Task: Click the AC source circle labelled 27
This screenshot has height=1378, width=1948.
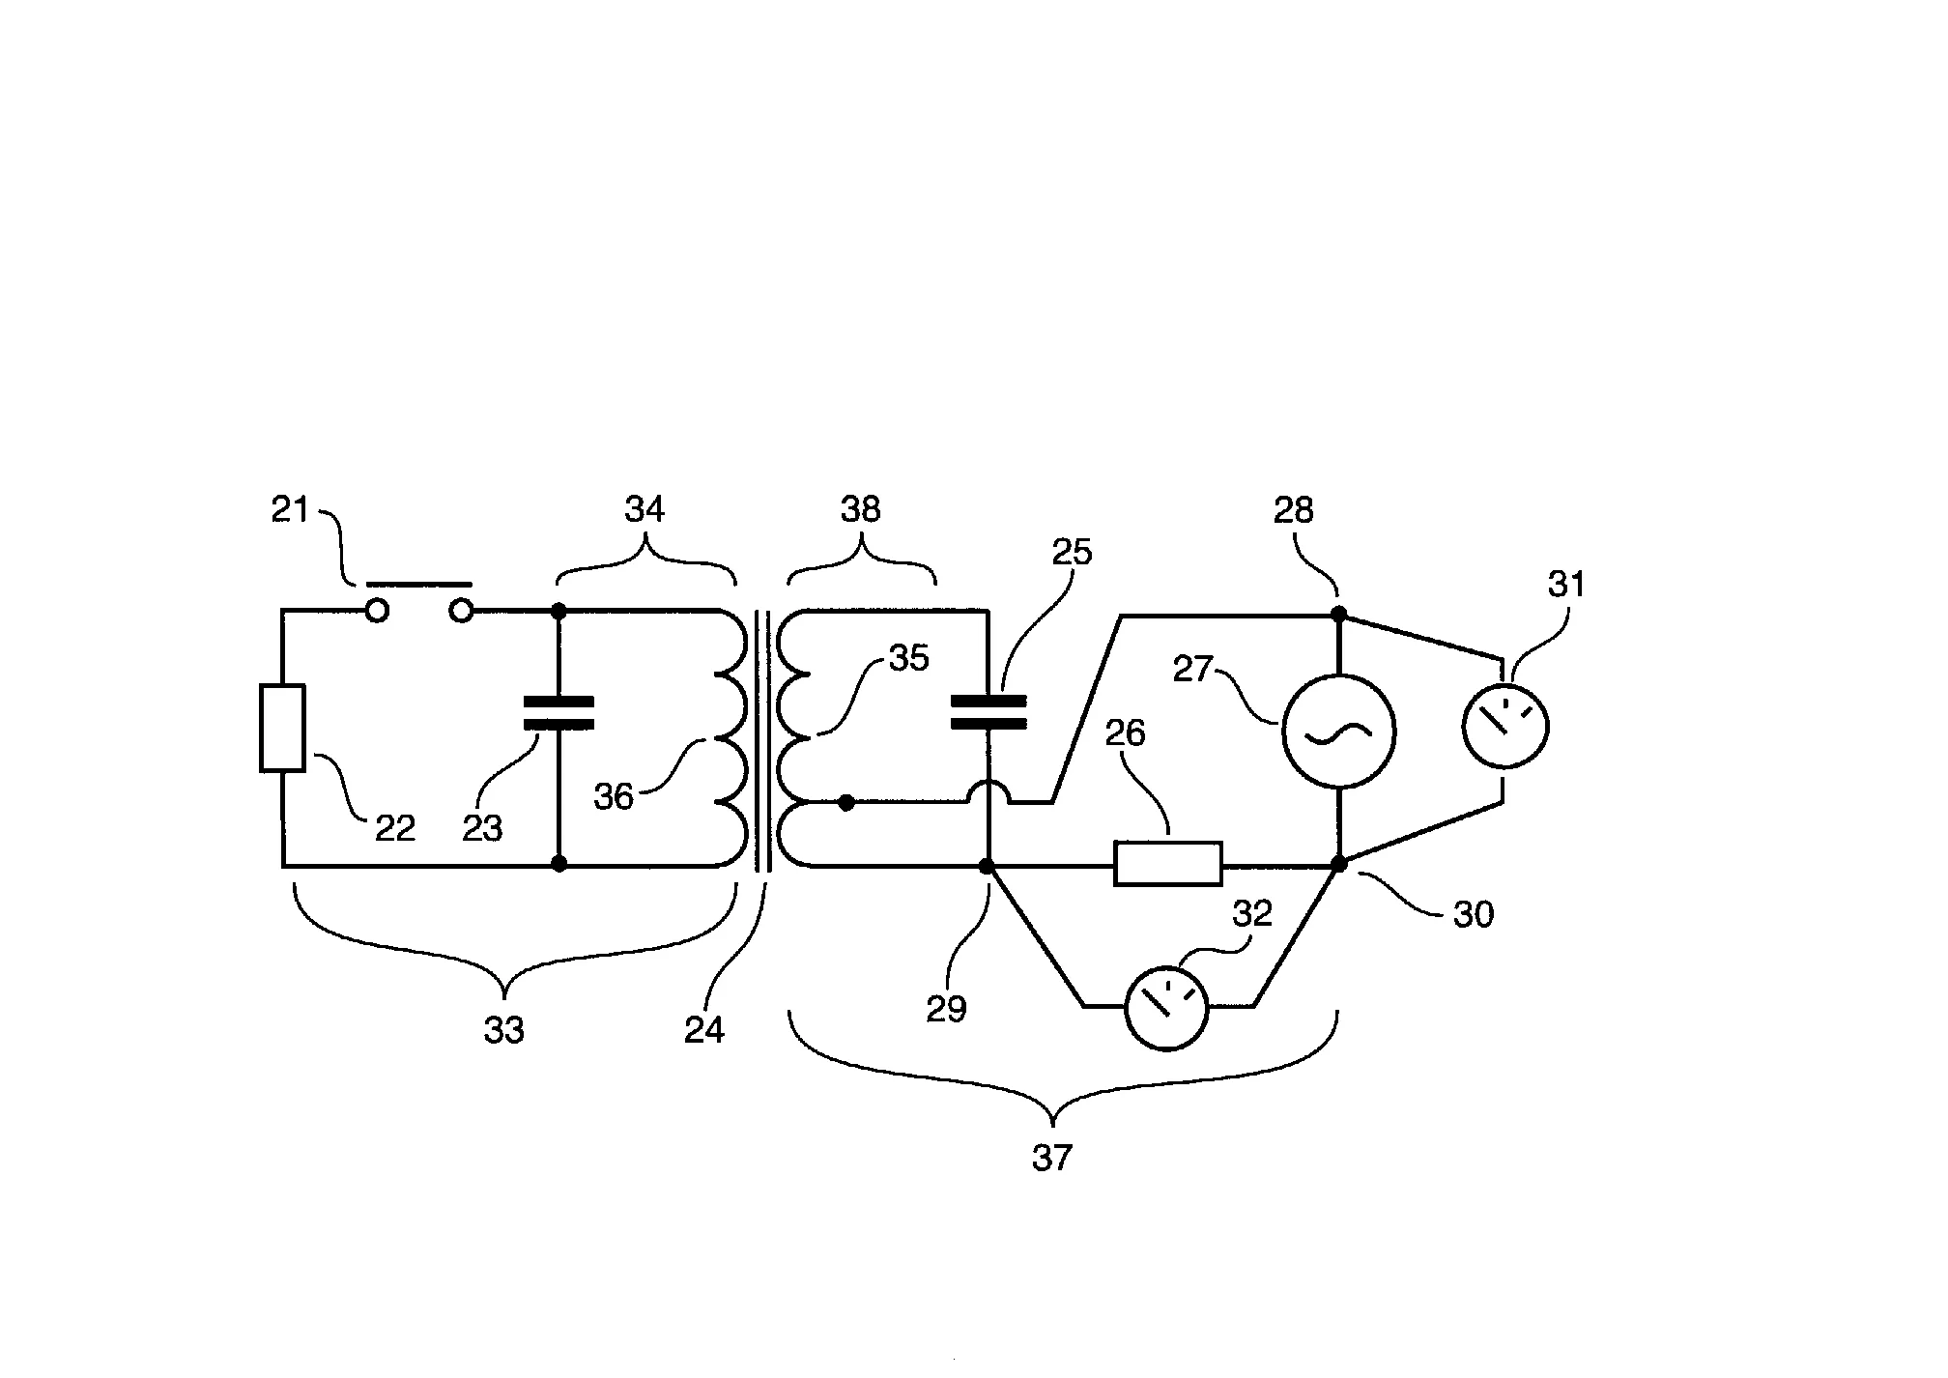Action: (x=1338, y=732)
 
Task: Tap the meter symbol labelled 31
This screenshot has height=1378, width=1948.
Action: (x=1504, y=726)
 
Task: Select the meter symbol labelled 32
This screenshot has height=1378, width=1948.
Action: (x=1167, y=1007)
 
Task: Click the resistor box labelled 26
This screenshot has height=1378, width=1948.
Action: (x=1167, y=864)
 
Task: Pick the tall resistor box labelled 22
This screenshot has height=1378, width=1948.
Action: (x=282, y=728)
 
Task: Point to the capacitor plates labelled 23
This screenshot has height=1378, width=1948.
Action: (x=559, y=712)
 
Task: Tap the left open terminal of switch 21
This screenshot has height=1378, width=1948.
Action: (x=376, y=611)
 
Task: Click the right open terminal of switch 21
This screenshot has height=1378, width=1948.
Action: (x=462, y=611)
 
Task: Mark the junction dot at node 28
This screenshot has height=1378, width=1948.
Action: (x=1338, y=614)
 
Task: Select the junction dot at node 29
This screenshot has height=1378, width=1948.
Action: (x=987, y=866)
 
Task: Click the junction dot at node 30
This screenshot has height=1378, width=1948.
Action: (x=1339, y=864)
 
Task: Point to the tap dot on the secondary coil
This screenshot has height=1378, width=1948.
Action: (x=846, y=802)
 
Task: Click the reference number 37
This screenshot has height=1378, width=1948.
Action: (x=1052, y=1157)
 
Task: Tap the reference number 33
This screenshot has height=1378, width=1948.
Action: (x=503, y=1031)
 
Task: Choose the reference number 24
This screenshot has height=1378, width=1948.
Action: (x=704, y=1030)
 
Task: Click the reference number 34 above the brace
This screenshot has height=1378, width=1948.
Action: (x=645, y=508)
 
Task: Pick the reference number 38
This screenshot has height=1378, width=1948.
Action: (x=861, y=508)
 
